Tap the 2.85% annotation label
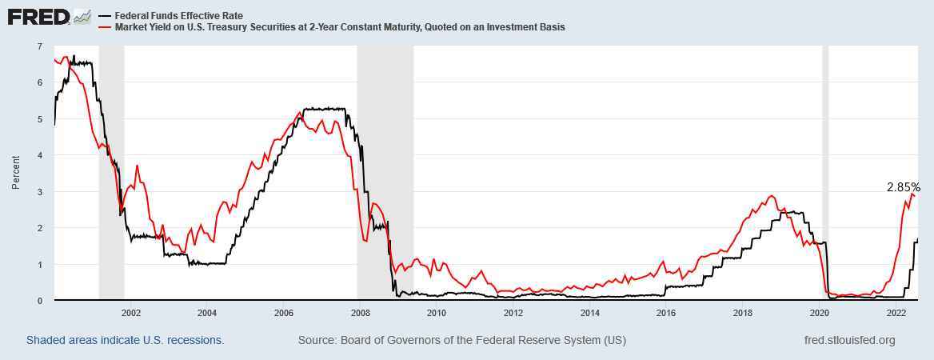tap(903, 187)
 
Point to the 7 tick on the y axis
tap(40, 46)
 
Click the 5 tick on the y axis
tap(40, 119)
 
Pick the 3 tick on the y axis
tap(40, 192)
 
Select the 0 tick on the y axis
tap(40, 301)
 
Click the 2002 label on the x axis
tap(130, 312)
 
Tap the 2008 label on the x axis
tap(360, 312)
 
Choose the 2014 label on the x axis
tap(589, 312)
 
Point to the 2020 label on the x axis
tap(820, 312)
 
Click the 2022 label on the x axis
tap(896, 312)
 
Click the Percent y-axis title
tap(16, 173)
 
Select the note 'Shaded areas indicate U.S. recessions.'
tap(125, 340)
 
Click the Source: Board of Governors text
tap(461, 340)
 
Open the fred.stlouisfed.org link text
tap(849, 340)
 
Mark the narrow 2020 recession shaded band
tap(825, 173)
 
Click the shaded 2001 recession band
tap(111, 173)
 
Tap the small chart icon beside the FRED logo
tap(82, 16)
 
